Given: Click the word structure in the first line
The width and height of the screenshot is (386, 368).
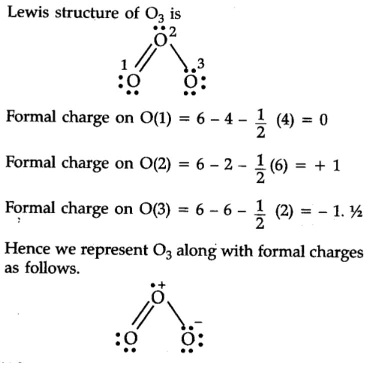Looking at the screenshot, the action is (87, 12).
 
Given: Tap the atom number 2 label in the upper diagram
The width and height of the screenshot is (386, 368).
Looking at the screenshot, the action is (173, 32).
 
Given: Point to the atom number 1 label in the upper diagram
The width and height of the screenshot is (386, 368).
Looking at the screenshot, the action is (124, 65).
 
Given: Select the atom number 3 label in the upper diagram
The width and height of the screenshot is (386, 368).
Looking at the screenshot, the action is (201, 63).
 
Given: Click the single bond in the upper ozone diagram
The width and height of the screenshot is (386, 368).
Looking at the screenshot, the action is (179, 56).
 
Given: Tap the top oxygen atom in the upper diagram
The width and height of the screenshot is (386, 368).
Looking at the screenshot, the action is (161, 40).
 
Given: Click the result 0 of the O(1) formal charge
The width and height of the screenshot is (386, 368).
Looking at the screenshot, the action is (323, 120).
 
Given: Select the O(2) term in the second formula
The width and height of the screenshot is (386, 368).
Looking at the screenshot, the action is (155, 164).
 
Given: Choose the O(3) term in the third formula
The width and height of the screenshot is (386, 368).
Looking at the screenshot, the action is (155, 209).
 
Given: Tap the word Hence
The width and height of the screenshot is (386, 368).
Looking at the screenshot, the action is (27, 249).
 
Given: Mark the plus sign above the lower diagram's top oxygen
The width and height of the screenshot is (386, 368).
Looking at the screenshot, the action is (162, 285).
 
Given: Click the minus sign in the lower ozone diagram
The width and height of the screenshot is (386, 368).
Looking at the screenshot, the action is (198, 322).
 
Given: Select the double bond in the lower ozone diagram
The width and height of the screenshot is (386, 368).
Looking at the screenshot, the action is (142, 314).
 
